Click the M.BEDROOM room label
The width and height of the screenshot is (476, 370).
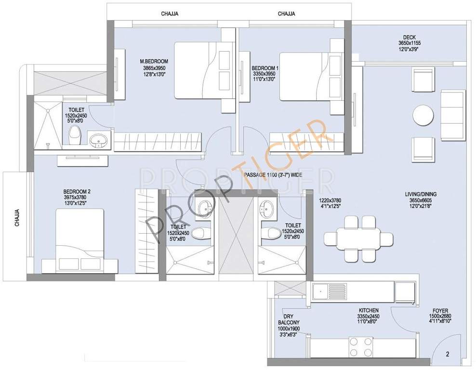[x=154, y=61]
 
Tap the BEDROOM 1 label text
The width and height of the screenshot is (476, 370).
[x=264, y=68]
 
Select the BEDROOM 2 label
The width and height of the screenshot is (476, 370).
[x=77, y=191]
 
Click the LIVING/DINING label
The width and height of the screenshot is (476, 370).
[x=421, y=195]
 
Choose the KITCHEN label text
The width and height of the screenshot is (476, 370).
[x=368, y=310]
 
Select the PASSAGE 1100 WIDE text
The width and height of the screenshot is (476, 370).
[x=273, y=175]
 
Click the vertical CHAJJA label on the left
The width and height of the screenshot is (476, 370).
[x=17, y=218]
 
